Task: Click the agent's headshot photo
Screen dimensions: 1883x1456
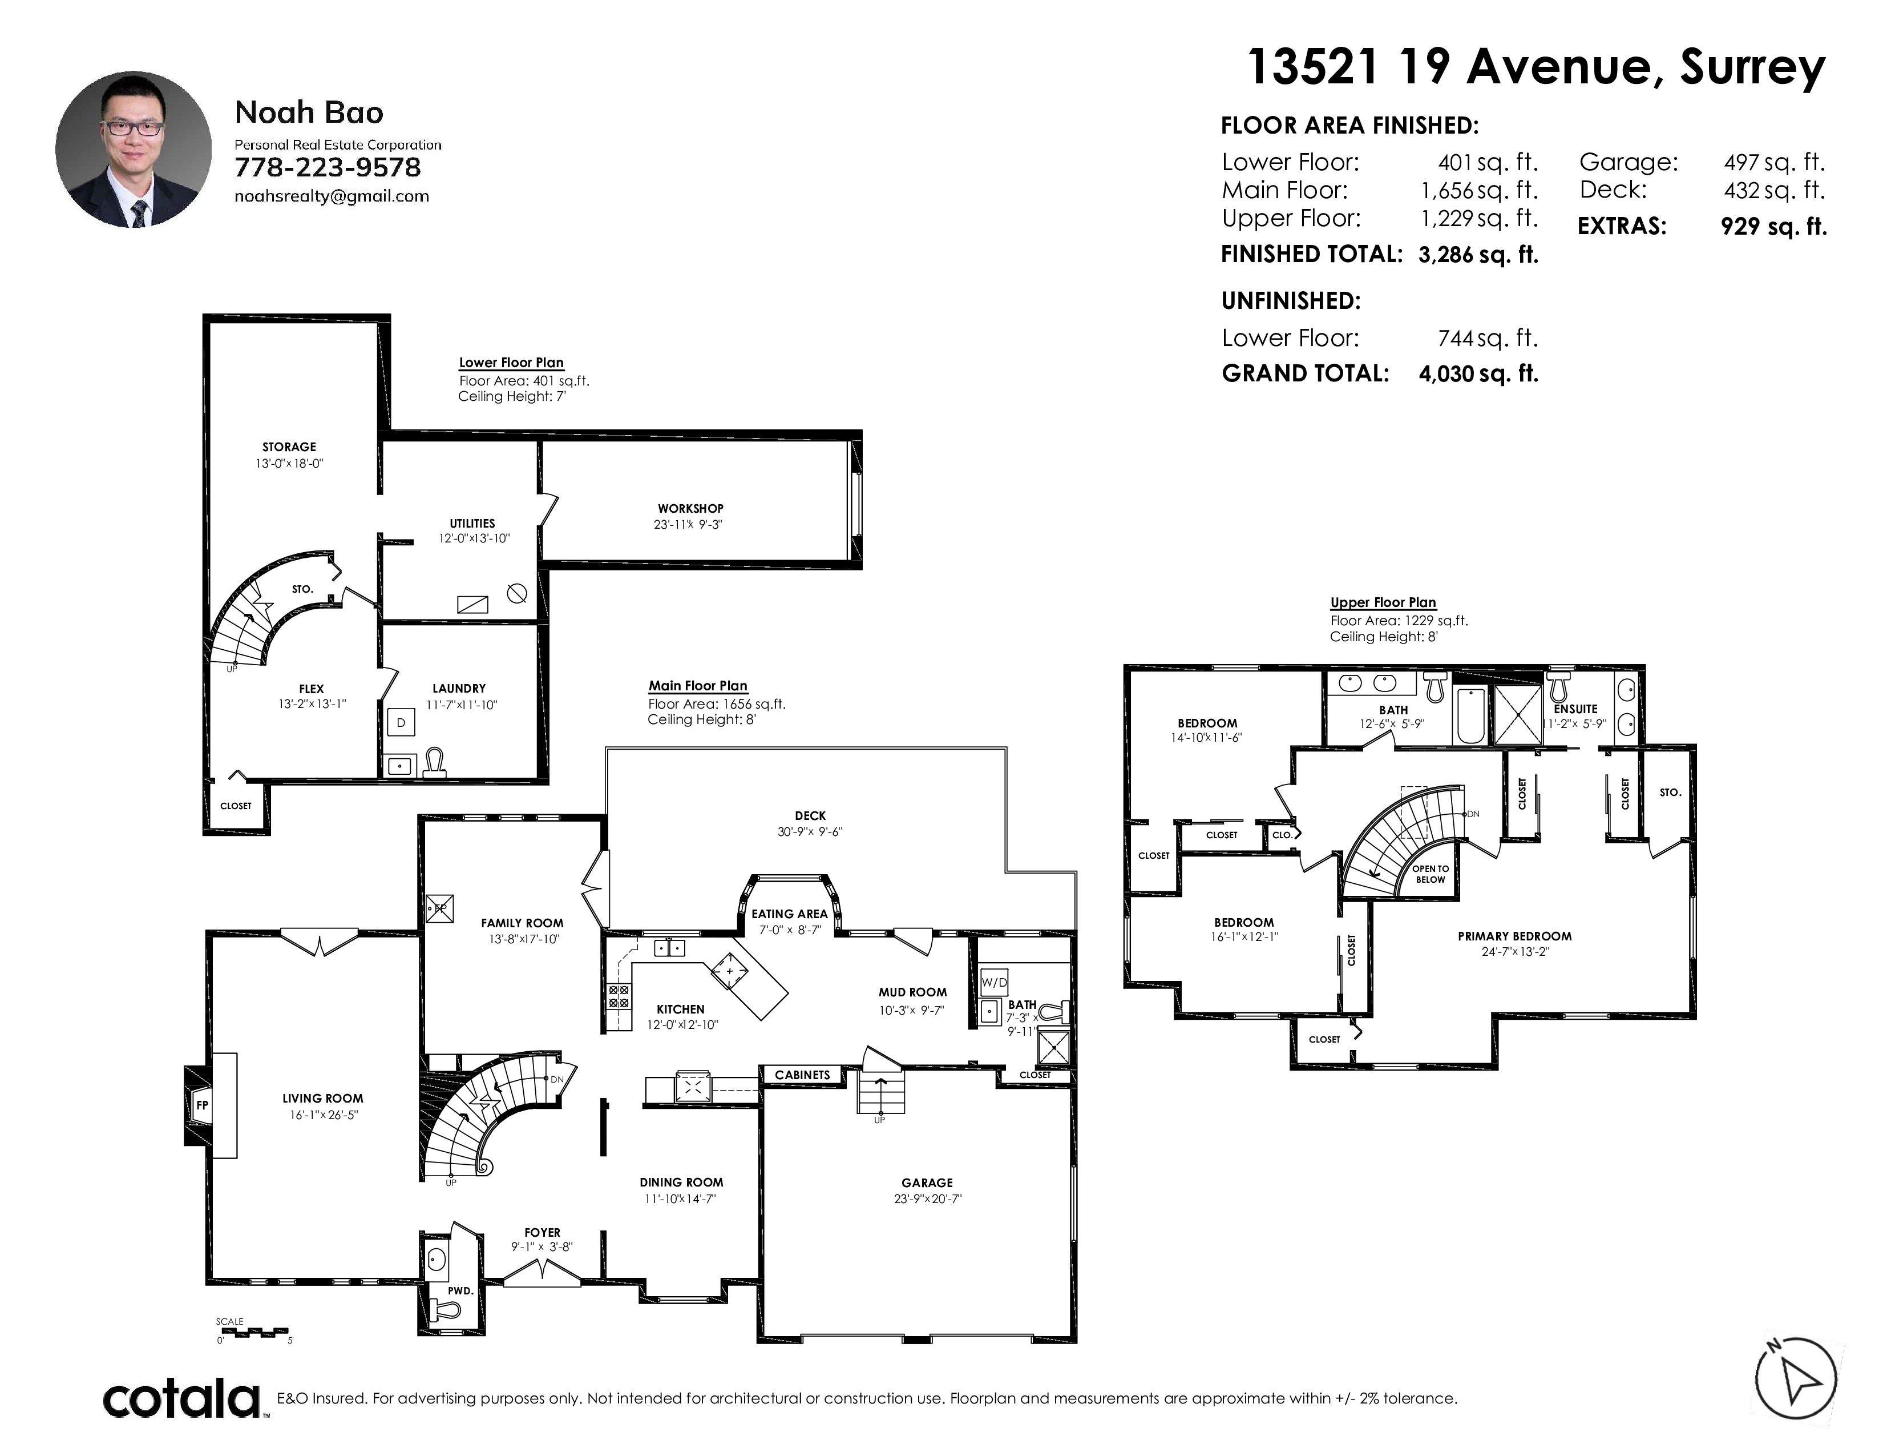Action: click(134, 149)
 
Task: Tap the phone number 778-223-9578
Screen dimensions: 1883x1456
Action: click(328, 167)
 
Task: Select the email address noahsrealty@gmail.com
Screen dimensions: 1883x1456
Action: click(332, 196)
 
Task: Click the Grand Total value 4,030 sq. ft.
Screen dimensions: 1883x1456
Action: click(1478, 373)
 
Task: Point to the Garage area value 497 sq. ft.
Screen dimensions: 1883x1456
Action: click(1775, 162)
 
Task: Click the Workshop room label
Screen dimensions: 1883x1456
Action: click(690, 509)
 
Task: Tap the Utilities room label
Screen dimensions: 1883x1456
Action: click(472, 524)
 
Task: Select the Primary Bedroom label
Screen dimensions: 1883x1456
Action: click(1515, 936)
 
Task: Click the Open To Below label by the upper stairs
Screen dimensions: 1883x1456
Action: click(1431, 874)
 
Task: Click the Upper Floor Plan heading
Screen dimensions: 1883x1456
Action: click(1383, 603)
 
